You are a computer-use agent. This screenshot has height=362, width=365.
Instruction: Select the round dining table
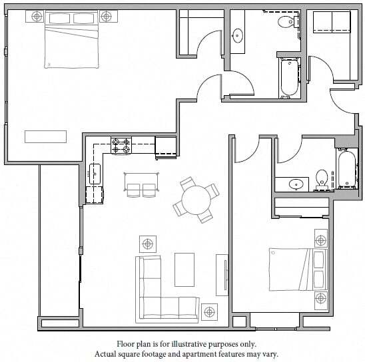[196, 200]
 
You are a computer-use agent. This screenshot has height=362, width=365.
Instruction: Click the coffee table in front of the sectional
[184, 269]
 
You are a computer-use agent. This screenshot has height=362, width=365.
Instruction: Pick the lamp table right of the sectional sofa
[210, 311]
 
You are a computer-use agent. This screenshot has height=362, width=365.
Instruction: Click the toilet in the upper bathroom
[286, 23]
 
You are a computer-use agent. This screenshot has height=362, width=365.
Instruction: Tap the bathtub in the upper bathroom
[288, 77]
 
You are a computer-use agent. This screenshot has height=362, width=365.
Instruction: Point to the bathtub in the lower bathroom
[346, 170]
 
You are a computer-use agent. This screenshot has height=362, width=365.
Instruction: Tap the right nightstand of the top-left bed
[107, 15]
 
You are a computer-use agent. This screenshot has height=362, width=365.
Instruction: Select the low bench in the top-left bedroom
[46, 136]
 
